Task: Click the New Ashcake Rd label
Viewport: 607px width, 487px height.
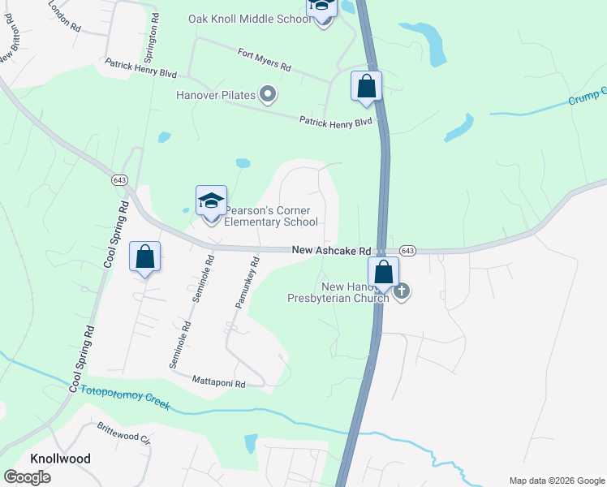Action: click(331, 252)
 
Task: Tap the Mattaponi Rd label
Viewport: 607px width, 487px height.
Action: click(218, 379)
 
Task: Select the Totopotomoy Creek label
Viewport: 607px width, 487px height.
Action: click(125, 397)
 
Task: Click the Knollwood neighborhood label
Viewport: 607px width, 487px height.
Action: click(60, 459)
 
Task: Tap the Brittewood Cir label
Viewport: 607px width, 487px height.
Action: click(124, 433)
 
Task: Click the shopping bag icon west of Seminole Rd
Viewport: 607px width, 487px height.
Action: click(145, 257)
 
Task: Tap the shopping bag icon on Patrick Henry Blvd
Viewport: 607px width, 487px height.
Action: click(366, 86)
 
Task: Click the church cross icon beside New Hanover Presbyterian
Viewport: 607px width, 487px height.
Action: click(402, 291)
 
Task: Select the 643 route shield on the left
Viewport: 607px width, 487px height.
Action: click(119, 179)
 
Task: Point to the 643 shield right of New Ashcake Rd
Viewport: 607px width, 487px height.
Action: click(407, 251)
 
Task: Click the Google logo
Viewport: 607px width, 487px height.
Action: click(27, 476)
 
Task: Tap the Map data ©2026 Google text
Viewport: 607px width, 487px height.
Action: click(557, 481)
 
